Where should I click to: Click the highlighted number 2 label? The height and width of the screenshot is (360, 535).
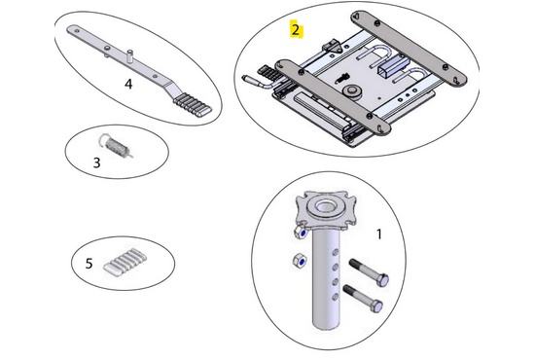point(296,30)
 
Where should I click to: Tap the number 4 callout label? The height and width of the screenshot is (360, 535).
point(128,84)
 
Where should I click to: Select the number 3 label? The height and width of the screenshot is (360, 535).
point(97,162)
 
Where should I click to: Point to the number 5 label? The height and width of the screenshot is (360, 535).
point(89,264)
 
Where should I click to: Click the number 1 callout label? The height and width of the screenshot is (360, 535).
point(378,234)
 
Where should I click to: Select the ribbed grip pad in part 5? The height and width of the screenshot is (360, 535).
point(125,262)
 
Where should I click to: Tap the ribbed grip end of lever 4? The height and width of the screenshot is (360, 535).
point(193,105)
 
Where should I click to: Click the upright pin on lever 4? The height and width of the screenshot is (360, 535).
point(129,56)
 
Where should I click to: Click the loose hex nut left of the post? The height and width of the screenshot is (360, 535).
point(300,262)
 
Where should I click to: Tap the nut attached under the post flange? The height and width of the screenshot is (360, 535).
point(300,233)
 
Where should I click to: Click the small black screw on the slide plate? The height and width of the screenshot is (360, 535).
point(340,78)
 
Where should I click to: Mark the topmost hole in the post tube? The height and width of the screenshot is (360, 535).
point(336,253)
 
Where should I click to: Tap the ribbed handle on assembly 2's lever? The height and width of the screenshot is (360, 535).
point(267,73)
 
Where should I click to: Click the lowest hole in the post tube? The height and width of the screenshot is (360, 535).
point(335,297)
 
